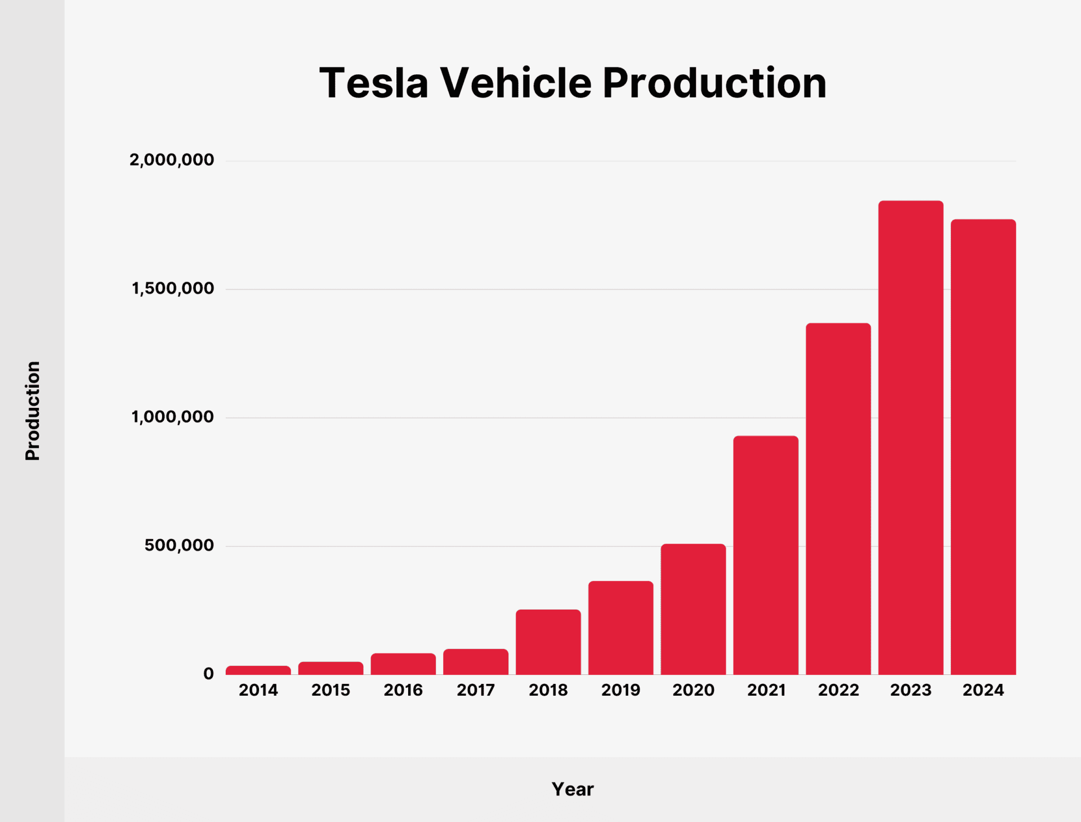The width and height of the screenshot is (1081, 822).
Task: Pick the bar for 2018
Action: click(548, 642)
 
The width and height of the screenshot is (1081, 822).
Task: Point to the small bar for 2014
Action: click(258, 670)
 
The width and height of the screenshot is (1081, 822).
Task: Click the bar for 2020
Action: click(693, 609)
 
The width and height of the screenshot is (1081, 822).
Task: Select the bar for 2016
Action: click(403, 664)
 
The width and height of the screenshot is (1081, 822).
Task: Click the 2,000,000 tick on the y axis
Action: click(172, 160)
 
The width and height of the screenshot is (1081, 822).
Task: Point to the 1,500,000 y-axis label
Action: click(173, 288)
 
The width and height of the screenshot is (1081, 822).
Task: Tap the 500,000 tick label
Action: click(179, 545)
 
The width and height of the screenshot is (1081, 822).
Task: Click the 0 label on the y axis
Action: click(208, 674)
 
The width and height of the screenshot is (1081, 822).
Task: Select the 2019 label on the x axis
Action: click(620, 690)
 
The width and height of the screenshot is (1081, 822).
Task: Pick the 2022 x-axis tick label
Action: click(838, 690)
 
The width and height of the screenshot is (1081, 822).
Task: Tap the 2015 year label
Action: click(330, 690)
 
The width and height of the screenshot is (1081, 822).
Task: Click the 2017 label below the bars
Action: click(476, 690)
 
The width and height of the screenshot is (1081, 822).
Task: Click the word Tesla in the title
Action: click(373, 83)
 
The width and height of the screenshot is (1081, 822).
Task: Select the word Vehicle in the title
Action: click(515, 83)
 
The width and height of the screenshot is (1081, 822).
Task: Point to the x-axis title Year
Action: click(573, 789)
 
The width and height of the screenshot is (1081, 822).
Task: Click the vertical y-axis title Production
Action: click(33, 411)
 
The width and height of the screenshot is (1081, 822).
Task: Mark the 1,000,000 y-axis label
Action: click(173, 417)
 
